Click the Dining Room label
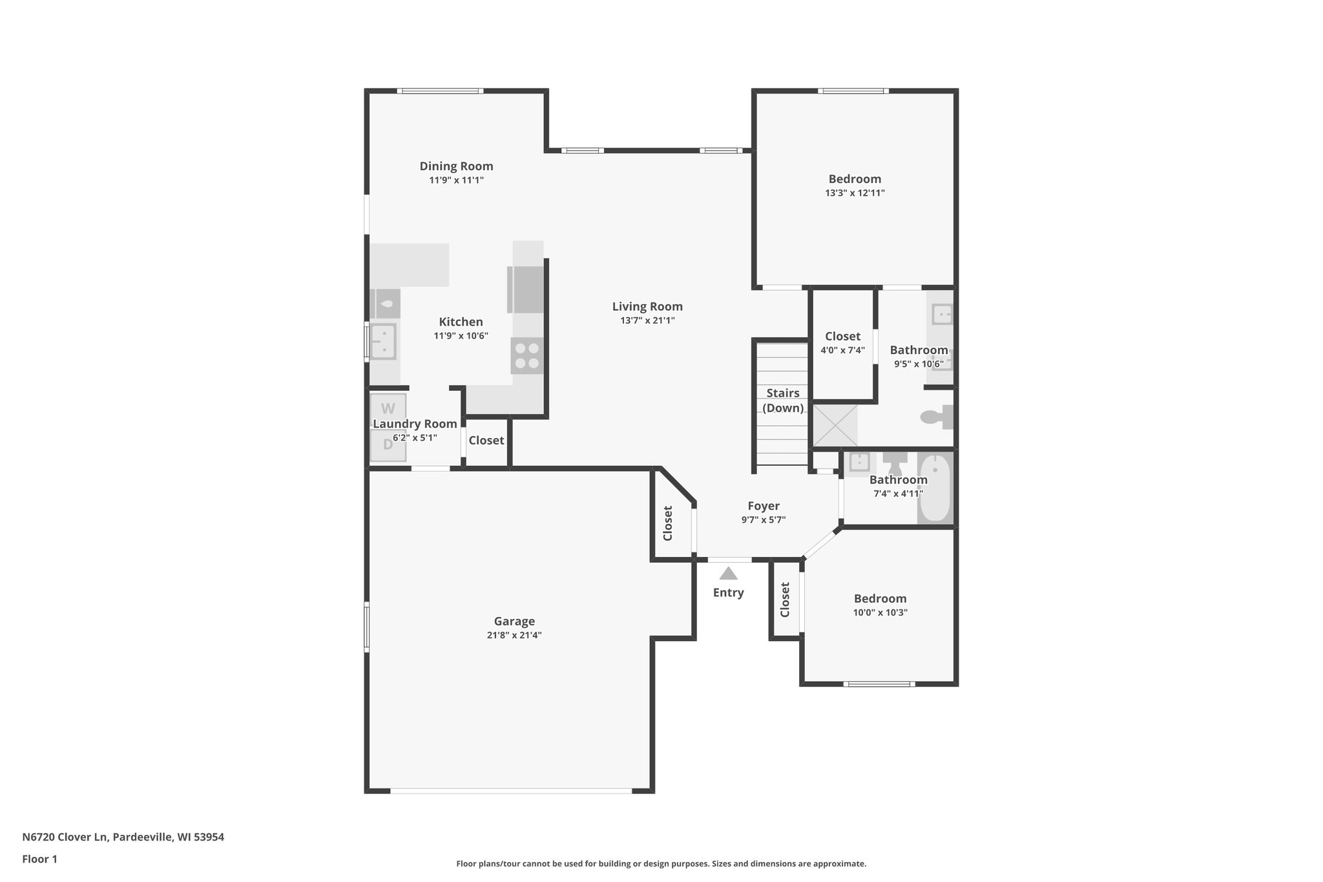coord(456,166)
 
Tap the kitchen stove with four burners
coord(526,356)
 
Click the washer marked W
coord(388,408)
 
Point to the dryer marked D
coord(388,445)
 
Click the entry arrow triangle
coord(728,574)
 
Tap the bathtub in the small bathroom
coord(935,488)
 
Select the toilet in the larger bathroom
coord(937,417)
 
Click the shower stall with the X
coord(835,425)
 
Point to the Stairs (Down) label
coord(783,400)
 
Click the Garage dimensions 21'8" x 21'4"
coord(514,635)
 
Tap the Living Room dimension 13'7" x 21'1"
coord(647,320)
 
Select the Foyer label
coord(764,506)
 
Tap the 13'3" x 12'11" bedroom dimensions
coord(855,193)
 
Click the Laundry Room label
coord(415,424)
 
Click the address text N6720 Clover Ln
coord(123,837)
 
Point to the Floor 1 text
coord(39,859)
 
